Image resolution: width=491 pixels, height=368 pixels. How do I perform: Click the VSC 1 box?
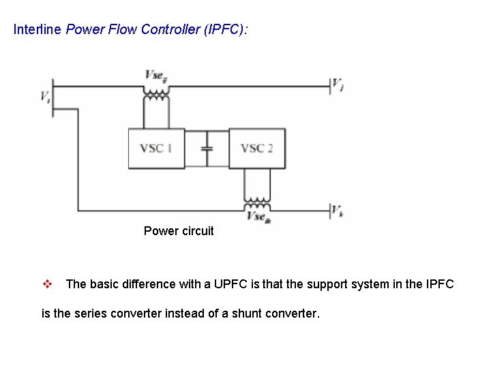tap(156, 148)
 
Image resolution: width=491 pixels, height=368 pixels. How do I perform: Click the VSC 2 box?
tap(256, 148)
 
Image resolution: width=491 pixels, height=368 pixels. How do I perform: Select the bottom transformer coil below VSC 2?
tap(256, 202)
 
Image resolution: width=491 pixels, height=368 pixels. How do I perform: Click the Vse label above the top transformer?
tap(156, 75)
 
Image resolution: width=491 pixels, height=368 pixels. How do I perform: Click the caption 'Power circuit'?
tap(179, 231)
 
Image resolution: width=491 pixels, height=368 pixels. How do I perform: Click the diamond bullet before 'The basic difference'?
tap(48, 284)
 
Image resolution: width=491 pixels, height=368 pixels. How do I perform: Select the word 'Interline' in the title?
tap(38, 30)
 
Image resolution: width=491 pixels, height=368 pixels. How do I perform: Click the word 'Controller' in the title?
tap(170, 30)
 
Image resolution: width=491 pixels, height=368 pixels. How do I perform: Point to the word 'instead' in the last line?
tap(185, 314)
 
